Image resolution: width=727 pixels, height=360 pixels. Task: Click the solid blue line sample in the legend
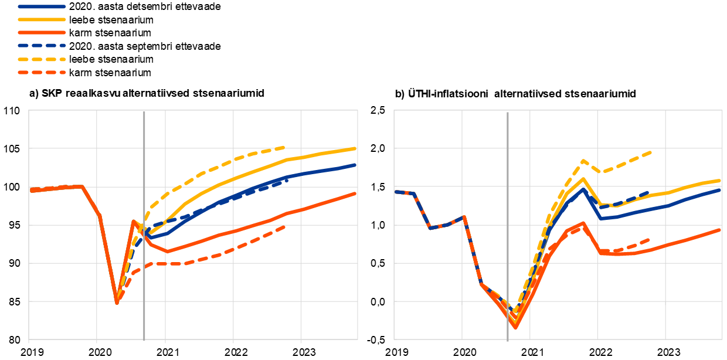click(x=42, y=6)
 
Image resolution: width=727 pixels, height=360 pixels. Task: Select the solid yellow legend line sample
click(x=42, y=19)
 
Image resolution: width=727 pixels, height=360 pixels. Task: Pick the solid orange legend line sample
click(x=42, y=33)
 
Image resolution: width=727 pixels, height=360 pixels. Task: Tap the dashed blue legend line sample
click(x=42, y=45)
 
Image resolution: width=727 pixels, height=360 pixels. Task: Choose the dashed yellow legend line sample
click(x=42, y=59)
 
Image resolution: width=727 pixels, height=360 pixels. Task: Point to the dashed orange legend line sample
click(x=42, y=73)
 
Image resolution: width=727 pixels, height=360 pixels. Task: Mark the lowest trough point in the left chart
click(x=117, y=303)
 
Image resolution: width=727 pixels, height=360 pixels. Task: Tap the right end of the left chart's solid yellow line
click(x=355, y=148)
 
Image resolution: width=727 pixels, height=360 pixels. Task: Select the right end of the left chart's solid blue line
click(x=355, y=165)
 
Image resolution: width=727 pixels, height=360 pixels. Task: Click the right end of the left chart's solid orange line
click(x=355, y=193)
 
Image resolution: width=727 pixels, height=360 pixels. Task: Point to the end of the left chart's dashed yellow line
click(x=284, y=147)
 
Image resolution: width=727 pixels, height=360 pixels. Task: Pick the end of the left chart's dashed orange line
click(x=284, y=226)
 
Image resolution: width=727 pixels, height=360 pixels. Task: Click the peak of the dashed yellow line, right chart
click(x=583, y=160)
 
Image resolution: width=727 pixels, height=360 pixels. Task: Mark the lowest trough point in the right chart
click(x=515, y=327)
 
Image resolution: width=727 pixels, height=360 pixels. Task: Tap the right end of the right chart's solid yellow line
click(x=719, y=180)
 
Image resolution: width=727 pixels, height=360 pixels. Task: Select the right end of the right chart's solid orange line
click(x=719, y=230)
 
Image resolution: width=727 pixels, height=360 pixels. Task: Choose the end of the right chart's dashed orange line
click(x=650, y=239)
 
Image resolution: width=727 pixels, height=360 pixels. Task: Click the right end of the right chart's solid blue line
click(x=719, y=189)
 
